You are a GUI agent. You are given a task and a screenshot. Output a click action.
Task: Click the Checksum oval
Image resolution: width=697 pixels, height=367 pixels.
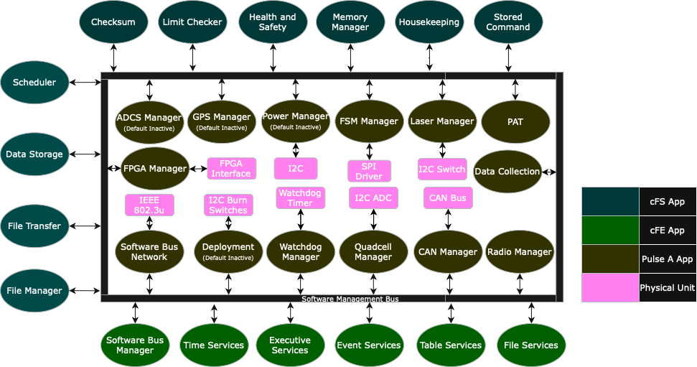(113, 22)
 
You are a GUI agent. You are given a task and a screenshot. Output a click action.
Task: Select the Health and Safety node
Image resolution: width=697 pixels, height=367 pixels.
(273, 22)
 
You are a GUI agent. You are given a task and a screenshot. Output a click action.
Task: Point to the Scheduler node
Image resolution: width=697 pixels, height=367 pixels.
(34, 83)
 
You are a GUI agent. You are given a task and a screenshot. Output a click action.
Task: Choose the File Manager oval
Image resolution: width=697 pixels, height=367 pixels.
(34, 291)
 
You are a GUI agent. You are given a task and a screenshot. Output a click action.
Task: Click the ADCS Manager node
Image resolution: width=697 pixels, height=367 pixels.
(149, 121)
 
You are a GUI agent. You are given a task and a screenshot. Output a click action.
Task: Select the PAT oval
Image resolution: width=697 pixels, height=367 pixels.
(515, 121)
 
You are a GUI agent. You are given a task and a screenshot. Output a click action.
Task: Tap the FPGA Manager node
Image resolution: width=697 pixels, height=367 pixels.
(155, 169)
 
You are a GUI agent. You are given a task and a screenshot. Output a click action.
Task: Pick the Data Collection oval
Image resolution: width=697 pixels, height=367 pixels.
(507, 172)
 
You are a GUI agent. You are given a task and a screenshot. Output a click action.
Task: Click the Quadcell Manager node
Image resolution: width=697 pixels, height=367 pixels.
(373, 251)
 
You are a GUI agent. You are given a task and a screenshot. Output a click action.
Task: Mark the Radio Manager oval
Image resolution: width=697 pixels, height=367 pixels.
(520, 251)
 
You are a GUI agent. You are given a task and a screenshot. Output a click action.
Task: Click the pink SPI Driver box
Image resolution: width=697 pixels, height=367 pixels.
(370, 171)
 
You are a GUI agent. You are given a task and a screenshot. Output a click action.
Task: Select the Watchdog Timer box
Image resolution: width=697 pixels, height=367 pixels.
(300, 198)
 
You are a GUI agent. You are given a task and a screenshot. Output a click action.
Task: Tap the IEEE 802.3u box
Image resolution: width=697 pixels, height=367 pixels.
(149, 205)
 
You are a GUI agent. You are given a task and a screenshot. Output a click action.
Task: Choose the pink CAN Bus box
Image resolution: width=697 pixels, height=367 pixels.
(448, 198)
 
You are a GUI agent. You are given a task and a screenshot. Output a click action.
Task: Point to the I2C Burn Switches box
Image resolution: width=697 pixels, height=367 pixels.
(228, 205)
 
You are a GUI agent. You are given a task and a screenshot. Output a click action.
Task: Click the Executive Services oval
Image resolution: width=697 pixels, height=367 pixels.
(290, 345)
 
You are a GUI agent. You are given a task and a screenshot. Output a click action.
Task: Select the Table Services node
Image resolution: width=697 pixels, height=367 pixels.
(451, 345)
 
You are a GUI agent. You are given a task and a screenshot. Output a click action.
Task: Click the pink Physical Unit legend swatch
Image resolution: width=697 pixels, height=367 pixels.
(610, 287)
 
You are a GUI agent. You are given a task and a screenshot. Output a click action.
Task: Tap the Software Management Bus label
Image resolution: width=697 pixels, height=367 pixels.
(350, 299)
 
